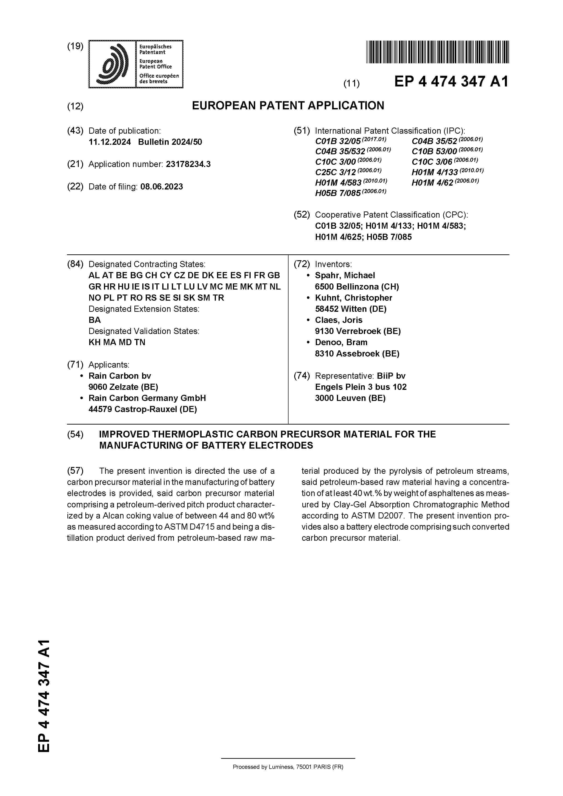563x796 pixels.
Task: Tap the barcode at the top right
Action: click(437, 52)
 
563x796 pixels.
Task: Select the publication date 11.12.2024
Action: click(110, 142)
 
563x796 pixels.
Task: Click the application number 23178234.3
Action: click(188, 164)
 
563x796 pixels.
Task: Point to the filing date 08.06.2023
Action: click(161, 187)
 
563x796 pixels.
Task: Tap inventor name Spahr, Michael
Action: click(345, 275)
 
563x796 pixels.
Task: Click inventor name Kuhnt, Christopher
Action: click(353, 298)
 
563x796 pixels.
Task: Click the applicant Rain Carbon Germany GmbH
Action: click(147, 398)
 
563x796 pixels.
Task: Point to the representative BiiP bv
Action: click(391, 376)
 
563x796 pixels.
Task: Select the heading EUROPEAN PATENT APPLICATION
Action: click(288, 105)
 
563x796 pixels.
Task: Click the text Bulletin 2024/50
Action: click(170, 142)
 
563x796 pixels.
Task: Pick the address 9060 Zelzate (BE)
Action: click(123, 387)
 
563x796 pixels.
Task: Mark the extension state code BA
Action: click(94, 320)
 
